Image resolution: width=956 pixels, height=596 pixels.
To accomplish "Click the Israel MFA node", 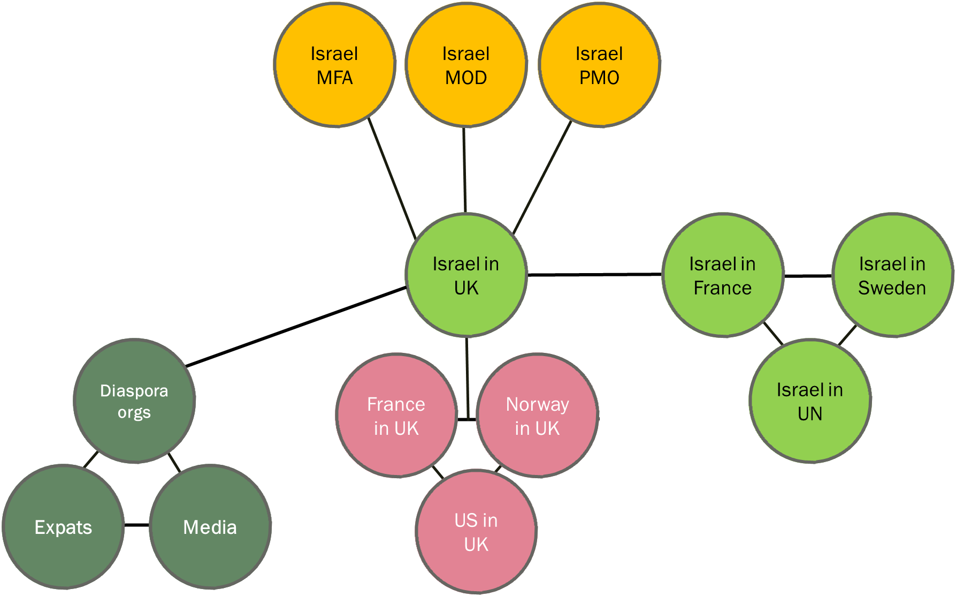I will [x=334, y=65].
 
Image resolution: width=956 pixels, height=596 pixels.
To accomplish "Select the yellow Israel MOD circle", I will [x=465, y=65].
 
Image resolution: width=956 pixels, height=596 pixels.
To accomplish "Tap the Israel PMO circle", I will [x=599, y=65].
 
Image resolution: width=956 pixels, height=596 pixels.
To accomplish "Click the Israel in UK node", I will [x=465, y=275].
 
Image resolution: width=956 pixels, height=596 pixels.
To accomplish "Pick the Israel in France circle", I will [x=722, y=275].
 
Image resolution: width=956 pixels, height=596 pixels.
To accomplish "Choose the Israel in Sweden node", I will [x=892, y=275].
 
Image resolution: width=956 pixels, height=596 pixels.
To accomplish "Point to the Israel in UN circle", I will [x=810, y=401].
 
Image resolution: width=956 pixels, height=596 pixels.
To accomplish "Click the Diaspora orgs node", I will [x=134, y=401].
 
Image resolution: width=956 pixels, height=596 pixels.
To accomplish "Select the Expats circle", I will [x=63, y=527].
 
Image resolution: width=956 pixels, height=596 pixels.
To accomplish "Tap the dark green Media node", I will [x=210, y=527].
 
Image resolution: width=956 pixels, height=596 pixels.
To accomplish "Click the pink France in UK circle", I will [x=396, y=416].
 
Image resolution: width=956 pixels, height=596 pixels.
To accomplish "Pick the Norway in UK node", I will [x=537, y=416].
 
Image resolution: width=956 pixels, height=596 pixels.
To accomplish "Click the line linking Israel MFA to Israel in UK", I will [x=392, y=178].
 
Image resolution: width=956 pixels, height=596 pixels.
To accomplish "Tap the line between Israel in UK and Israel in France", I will [x=594, y=275].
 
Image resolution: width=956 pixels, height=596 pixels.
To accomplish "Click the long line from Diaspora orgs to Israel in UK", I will [x=296, y=327].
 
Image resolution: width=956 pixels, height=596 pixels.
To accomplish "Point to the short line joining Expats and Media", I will [x=136, y=525].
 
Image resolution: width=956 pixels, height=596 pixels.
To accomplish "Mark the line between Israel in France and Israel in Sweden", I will [x=808, y=276].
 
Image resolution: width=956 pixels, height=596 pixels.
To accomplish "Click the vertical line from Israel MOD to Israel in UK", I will [x=464, y=169].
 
